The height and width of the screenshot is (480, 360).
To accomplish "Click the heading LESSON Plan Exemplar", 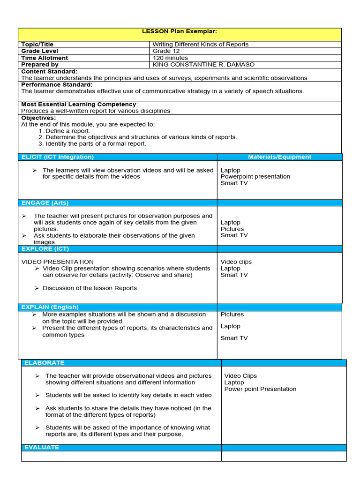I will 180,31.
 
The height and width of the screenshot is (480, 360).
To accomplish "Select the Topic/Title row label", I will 37,45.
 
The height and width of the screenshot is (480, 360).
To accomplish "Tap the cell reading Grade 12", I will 162,51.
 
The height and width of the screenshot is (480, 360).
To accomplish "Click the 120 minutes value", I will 170,58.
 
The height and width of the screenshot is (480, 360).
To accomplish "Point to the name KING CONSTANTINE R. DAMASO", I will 203,64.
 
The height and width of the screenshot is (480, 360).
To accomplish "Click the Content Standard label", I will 49,71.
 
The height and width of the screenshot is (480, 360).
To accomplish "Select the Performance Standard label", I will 57,84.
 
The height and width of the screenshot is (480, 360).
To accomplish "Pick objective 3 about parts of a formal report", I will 92,143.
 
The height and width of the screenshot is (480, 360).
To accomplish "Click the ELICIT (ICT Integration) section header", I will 58,157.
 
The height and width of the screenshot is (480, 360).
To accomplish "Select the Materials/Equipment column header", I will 279,157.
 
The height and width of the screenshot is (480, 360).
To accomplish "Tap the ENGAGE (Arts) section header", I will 45,202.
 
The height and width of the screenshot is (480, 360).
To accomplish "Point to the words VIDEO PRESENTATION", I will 58,262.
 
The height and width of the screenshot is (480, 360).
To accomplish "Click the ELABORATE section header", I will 45,363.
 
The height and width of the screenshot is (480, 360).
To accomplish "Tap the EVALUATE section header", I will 42,447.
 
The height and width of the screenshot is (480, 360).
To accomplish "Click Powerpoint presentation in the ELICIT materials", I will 255,177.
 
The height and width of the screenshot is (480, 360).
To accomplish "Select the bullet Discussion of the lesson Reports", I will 90,288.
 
